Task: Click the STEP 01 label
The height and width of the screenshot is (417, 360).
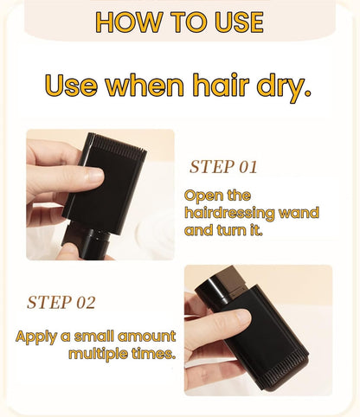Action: tap(223, 167)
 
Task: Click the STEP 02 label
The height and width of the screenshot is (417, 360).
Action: tap(61, 302)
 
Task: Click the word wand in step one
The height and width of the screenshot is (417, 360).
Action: tap(299, 213)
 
